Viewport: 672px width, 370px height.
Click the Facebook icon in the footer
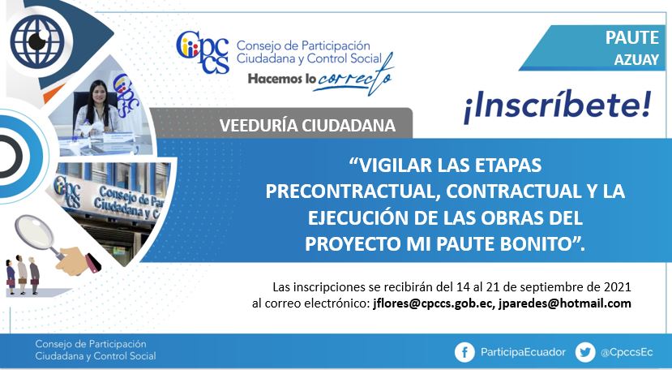point(464,352)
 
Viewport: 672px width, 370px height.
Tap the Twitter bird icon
point(585,352)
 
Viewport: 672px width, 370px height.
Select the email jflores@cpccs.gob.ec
point(434,303)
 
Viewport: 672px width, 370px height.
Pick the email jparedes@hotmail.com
point(564,303)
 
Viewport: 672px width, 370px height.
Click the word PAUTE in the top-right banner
point(632,38)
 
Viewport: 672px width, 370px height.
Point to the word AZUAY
point(636,60)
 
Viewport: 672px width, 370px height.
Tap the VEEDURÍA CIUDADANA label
point(307,125)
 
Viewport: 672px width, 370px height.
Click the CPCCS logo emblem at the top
point(203,51)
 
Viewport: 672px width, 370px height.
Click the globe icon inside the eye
point(37,41)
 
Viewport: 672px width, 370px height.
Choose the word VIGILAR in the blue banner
point(396,166)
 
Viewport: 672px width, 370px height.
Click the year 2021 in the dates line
point(617,286)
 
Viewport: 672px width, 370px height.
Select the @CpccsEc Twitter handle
point(627,352)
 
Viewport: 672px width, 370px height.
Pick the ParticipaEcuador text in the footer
point(523,352)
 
